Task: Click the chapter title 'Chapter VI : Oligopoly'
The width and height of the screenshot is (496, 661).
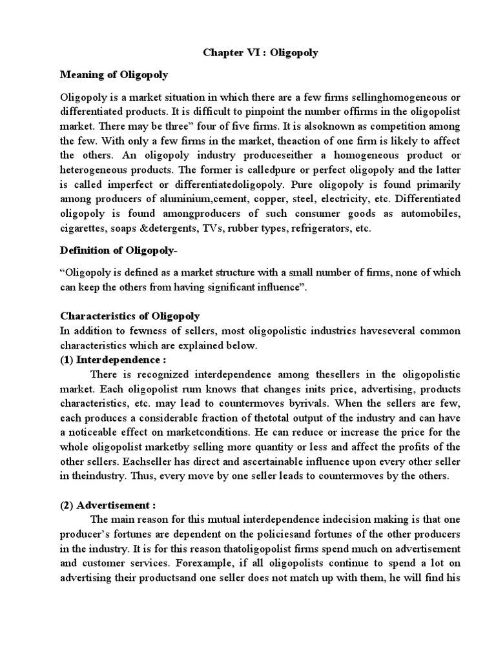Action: [x=260, y=53]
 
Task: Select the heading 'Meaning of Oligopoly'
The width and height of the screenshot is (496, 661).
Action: [x=114, y=75]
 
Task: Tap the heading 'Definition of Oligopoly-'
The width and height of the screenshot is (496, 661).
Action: [x=117, y=250]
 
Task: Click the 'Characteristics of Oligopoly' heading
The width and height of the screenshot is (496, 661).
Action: [x=130, y=316]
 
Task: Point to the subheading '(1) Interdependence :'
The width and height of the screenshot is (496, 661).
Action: [x=113, y=360]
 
